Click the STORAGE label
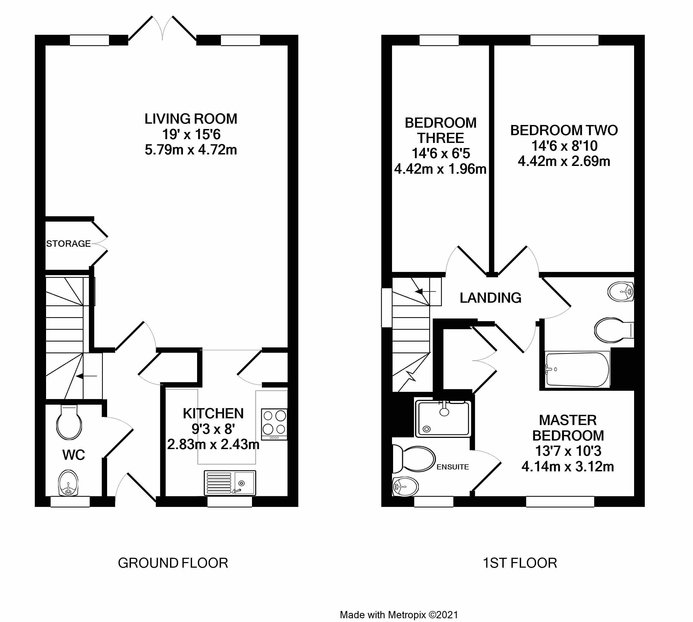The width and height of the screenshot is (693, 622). click(68, 244)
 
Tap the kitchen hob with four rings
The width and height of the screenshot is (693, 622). click(274, 424)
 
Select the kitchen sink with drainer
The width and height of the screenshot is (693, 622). click(230, 483)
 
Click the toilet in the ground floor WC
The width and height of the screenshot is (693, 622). click(69, 422)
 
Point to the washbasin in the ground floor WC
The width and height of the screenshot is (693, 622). click(68, 483)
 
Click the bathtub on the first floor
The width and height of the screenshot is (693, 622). click(577, 369)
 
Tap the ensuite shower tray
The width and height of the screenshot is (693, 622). click(443, 419)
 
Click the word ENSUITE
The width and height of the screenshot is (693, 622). click(453, 467)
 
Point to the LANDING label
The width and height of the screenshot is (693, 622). click(491, 298)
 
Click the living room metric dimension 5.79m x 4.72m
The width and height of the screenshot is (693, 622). click(191, 150)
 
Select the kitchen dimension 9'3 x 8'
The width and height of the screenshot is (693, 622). click(213, 429)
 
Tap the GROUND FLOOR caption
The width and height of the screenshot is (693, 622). click(173, 563)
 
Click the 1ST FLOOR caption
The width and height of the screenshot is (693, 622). click(520, 563)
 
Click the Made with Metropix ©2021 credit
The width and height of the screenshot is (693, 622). click(399, 615)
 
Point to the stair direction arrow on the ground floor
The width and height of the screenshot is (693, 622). click(86, 376)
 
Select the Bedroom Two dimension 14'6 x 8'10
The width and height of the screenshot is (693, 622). click(564, 146)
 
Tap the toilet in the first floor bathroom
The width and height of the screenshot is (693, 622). click(614, 330)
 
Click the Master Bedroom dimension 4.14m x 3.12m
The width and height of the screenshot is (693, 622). click(568, 466)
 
